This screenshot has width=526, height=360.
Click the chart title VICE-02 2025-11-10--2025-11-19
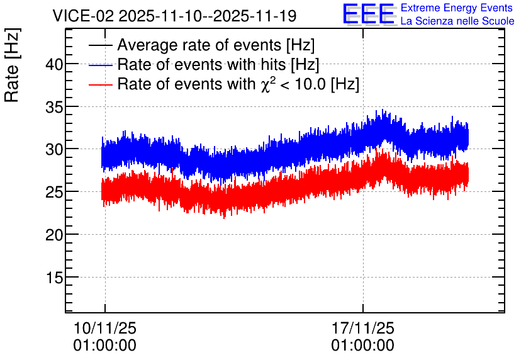174,16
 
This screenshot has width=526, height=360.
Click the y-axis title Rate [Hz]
13,65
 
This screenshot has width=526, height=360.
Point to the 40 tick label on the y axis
54,64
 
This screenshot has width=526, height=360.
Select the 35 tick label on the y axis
54,106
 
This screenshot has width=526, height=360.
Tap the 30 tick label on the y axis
54,149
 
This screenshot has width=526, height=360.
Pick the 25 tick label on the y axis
54,192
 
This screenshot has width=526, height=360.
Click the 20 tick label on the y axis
54,235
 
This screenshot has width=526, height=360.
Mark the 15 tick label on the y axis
54,277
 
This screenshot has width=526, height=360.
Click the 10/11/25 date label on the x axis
105,328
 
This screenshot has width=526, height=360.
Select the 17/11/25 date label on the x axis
363,328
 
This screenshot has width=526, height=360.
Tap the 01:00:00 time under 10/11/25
105,346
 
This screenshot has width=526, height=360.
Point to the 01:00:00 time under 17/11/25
363,346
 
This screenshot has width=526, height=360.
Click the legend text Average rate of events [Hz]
216,45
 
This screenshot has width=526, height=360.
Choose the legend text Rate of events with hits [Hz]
218,64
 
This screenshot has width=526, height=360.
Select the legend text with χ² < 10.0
238,84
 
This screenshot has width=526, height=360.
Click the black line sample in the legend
100,45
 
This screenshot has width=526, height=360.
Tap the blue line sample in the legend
100,65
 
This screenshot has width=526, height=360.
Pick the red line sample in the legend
100,84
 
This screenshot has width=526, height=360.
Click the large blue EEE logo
369,14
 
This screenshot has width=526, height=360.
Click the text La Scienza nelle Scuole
457,21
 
